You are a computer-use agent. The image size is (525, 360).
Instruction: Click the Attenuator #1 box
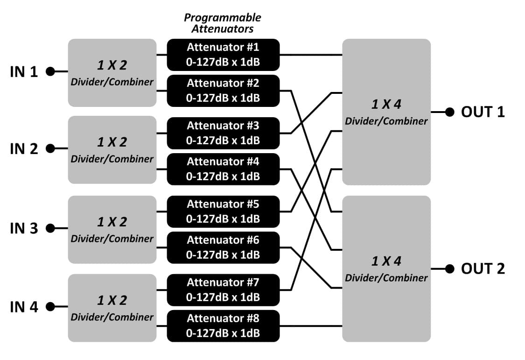point(223,55)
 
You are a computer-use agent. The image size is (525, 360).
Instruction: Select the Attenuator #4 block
point(223,169)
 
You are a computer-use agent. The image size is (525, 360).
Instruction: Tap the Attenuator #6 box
point(223,247)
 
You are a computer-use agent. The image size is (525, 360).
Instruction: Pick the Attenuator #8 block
point(223,326)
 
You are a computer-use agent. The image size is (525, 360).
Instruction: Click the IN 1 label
point(24,71)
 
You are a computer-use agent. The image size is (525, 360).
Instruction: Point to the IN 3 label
point(24,228)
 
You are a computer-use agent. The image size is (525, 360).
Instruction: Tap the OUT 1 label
point(483,112)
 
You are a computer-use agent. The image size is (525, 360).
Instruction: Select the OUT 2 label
point(483,268)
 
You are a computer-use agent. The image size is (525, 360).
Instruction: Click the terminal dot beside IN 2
point(50,148)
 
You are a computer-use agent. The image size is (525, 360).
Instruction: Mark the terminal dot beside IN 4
point(50,306)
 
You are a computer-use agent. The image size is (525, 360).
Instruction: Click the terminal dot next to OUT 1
point(450,112)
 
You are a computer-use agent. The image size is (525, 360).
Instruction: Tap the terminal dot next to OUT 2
point(450,268)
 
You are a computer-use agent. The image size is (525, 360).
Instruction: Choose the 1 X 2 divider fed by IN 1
point(112,73)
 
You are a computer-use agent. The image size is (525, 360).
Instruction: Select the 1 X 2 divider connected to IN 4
point(112,308)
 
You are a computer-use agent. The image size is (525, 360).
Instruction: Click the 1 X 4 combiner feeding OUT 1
point(386,112)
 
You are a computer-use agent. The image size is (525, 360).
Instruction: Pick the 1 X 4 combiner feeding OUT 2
point(386,268)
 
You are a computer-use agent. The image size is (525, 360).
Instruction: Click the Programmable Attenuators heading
point(223,23)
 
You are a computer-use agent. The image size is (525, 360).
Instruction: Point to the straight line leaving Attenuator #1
point(311,55)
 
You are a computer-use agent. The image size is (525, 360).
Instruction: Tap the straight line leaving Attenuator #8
point(311,326)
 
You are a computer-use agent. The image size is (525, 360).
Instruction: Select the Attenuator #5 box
point(223,212)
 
